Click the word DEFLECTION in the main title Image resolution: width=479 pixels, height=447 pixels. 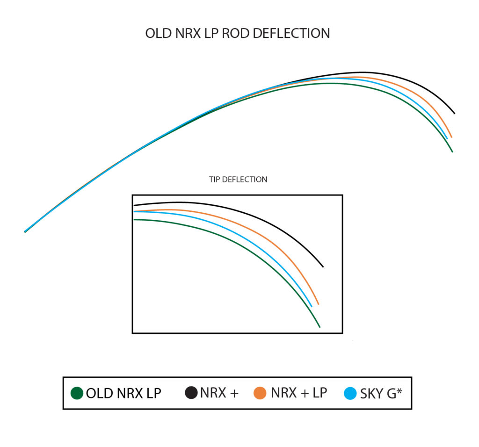coord(291,33)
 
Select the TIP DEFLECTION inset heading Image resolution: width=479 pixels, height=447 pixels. coord(238,179)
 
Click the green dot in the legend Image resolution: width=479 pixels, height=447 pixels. coord(77,393)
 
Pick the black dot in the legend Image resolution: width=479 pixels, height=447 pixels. coord(191,392)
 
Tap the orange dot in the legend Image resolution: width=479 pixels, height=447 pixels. coord(260,393)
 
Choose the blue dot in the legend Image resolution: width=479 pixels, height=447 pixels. coord(350,393)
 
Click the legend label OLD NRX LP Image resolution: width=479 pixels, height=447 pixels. coord(123,393)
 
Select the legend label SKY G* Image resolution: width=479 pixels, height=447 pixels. coord(381,393)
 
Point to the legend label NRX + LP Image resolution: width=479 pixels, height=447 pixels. coord(299,393)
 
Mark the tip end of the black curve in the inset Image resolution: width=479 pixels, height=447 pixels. coord(323,267)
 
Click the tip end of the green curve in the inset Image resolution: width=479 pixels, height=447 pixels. coord(319,327)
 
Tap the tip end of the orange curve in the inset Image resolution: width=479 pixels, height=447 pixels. coord(318,304)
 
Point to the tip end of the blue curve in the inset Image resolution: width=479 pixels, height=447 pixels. coord(312,306)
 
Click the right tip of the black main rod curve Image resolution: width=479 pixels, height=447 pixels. coord(455,113)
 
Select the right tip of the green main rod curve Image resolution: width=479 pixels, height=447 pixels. coord(452,152)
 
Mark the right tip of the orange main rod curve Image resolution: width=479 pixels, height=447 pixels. coord(451,137)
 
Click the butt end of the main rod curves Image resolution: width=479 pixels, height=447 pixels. coord(25,232)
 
